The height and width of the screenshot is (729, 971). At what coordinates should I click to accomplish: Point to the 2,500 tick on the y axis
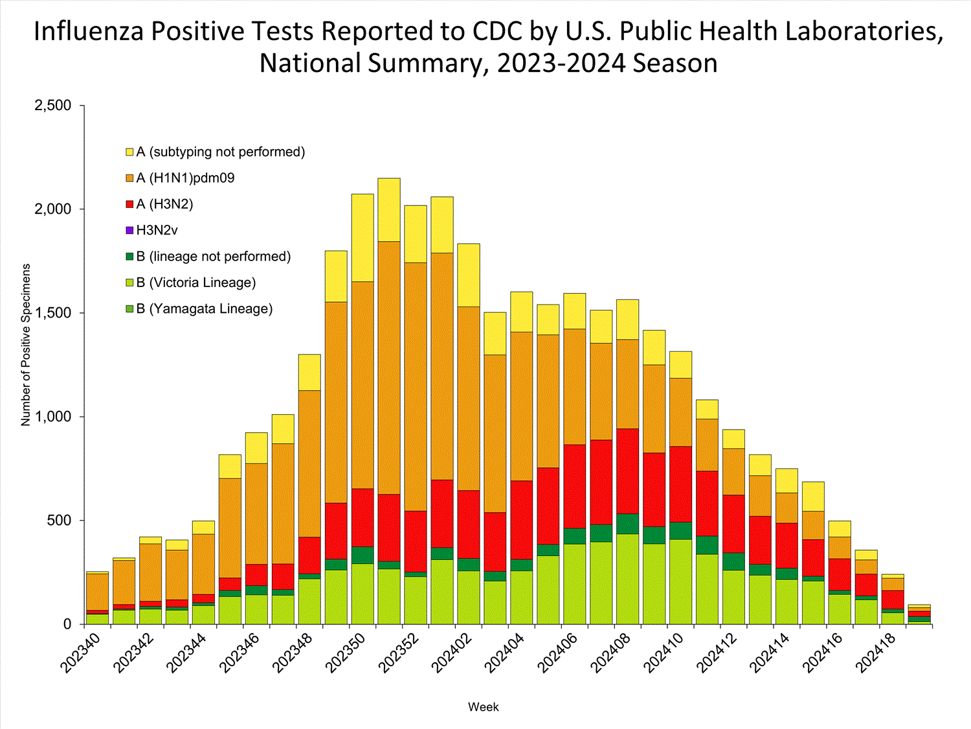[x=52, y=106]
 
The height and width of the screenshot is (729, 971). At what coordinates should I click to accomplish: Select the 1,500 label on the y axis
[x=52, y=313]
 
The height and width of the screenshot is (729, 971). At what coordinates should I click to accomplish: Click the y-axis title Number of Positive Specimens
[x=26, y=345]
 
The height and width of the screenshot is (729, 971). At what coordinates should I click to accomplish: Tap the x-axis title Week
[x=483, y=707]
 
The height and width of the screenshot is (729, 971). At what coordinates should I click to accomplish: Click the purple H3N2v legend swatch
[x=129, y=230]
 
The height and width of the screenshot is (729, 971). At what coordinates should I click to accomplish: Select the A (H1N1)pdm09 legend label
[x=185, y=178]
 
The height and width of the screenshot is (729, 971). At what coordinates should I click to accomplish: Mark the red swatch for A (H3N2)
[x=129, y=204]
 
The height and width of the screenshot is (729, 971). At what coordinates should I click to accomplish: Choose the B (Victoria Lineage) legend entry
[x=195, y=283]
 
